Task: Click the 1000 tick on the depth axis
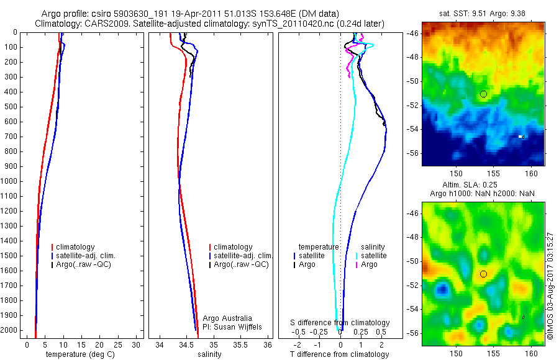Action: pyautogui.click(x=11, y=181)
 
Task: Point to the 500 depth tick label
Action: pyautogui.click(x=11, y=107)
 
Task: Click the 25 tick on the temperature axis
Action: pyautogui.click(x=117, y=344)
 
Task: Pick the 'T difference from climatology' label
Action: pyautogui.click(x=340, y=354)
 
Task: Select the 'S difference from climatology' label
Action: pyautogui.click(x=340, y=323)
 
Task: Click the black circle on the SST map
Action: pyautogui.click(x=483, y=94)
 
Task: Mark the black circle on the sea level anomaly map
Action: pyautogui.click(x=483, y=274)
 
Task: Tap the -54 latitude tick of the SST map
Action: pyautogui.click(x=411, y=129)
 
